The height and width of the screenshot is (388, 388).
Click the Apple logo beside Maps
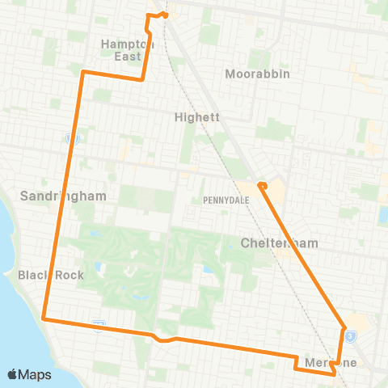(x=14, y=374)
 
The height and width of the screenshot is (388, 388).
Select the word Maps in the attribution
(x=35, y=374)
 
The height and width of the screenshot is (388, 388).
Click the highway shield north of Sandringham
(x=71, y=138)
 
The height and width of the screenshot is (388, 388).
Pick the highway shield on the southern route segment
(x=98, y=324)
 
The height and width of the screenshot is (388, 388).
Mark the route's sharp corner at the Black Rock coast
(x=43, y=319)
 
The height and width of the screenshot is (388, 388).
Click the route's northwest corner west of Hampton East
(x=83, y=72)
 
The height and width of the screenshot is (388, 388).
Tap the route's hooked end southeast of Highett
(x=261, y=186)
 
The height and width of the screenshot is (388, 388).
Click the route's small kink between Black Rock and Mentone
(x=162, y=339)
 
